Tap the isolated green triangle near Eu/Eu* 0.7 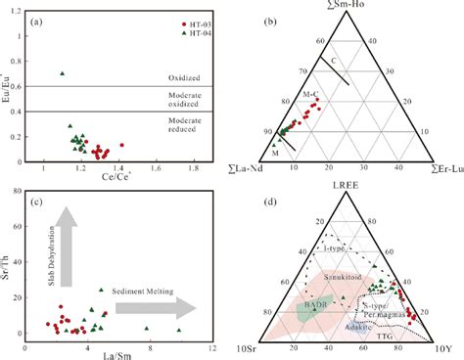click(62, 73)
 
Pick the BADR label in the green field click(311, 305)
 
